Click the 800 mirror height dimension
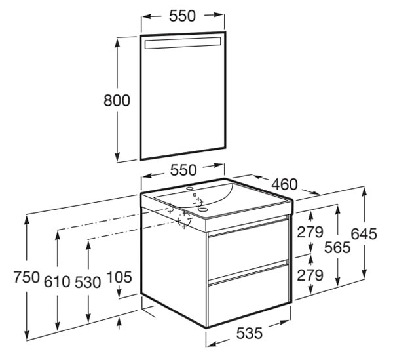click(117, 100)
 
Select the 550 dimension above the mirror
click(182, 16)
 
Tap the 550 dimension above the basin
click(183, 170)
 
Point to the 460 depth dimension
click(285, 184)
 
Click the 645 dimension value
click(364, 234)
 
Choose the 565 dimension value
click(337, 247)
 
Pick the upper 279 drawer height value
click(310, 232)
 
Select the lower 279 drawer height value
click(310, 275)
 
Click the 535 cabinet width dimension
click(250, 333)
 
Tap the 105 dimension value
click(119, 277)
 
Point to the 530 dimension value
click(88, 282)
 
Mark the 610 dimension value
click(57, 281)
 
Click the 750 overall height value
click(27, 277)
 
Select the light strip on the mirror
click(183, 43)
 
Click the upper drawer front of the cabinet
click(248, 250)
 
